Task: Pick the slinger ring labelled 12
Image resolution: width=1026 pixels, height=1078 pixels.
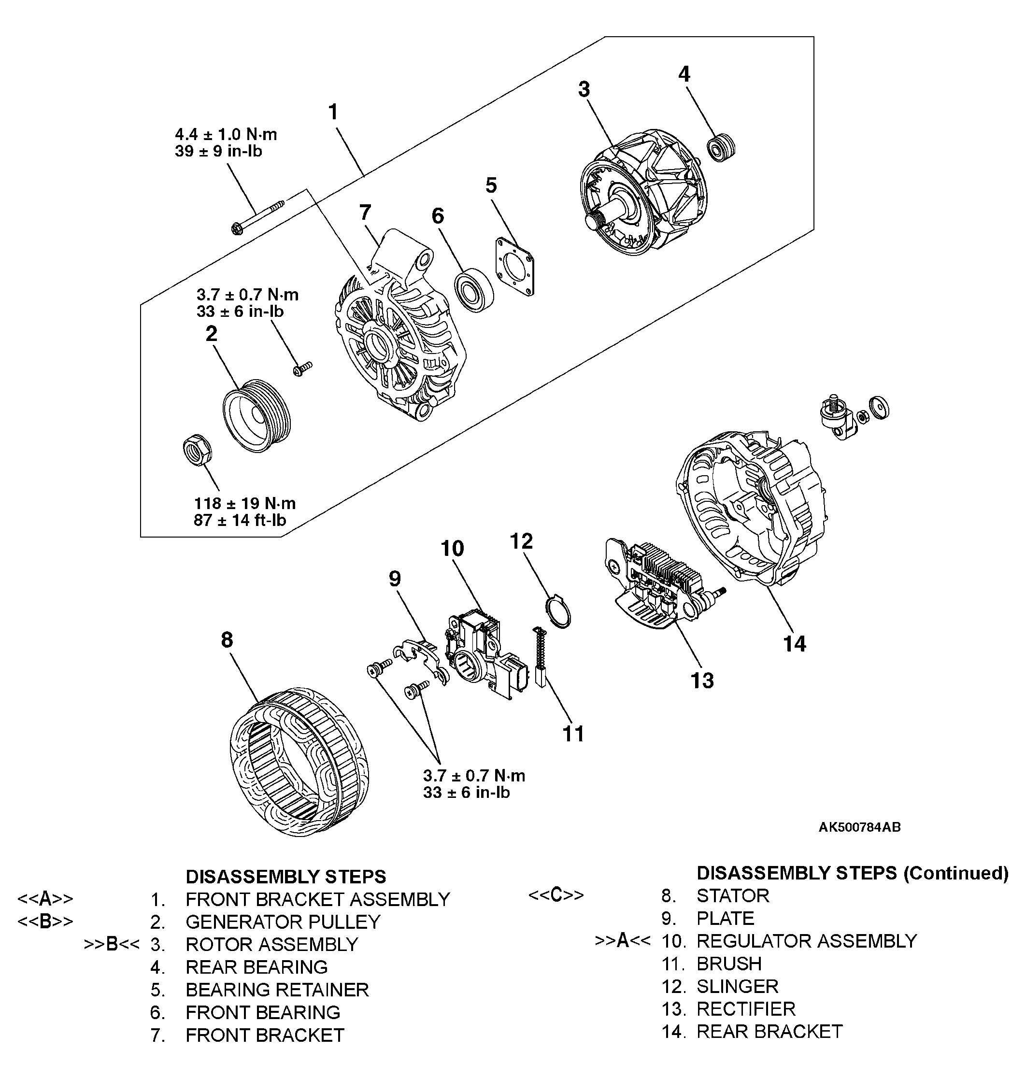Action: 558,612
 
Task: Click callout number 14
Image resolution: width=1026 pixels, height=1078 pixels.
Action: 794,644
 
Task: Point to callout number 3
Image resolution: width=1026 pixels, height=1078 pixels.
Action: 584,89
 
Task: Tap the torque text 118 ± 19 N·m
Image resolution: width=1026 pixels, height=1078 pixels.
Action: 244,503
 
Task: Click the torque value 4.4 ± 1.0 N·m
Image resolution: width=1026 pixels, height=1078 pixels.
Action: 226,134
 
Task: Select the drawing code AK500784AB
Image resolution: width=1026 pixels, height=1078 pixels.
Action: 859,827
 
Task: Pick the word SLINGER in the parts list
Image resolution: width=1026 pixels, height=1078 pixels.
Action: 737,986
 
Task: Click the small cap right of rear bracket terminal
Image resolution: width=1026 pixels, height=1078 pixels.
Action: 879,408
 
